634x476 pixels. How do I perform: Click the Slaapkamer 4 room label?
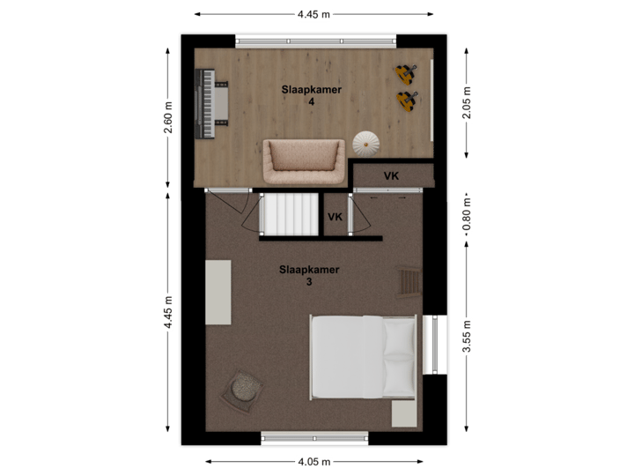coord(312,95)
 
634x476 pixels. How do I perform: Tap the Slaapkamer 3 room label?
coord(309,276)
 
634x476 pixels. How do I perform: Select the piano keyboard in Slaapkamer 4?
coord(211,106)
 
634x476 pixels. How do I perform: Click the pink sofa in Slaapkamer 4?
coord(301,159)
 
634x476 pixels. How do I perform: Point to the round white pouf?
coord(365,142)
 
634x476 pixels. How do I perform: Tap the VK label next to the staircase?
coord(335,217)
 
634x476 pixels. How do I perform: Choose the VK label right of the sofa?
coord(391,176)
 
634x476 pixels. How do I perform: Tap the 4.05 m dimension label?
coord(314,461)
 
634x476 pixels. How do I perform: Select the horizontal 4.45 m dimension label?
coord(314,14)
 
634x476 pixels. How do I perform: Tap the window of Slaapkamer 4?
coord(314,41)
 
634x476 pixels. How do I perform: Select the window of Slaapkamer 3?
coord(314,438)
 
